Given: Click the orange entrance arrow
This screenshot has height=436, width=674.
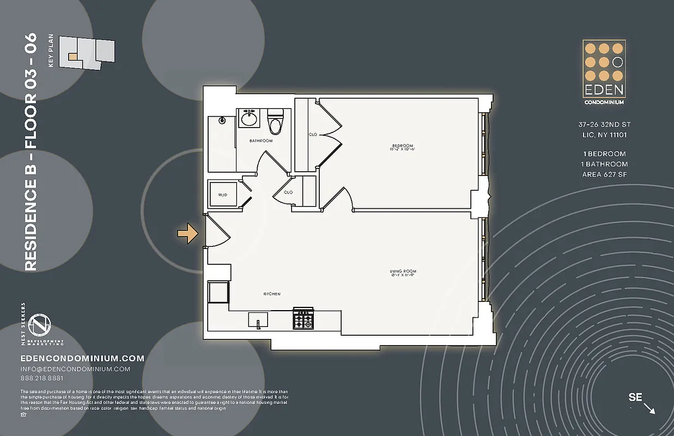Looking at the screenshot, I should click(187, 233).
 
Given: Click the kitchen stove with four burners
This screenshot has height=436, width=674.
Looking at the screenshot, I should click(303, 318).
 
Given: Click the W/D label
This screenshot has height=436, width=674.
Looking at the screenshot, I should click(222, 195).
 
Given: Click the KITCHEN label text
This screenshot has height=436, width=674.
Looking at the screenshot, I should click(272, 294).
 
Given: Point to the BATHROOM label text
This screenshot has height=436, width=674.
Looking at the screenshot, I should click(261, 141).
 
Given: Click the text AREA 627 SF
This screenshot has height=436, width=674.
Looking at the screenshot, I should click(604, 174).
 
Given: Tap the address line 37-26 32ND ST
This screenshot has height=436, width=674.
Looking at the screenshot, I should click(604, 125).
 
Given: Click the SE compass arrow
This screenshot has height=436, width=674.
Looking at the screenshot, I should click(648, 408).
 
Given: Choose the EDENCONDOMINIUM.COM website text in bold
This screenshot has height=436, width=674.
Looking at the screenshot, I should click(82, 359).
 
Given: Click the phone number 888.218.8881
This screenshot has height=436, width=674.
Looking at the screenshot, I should click(41, 378).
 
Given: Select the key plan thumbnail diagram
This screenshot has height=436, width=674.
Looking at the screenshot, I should click(87, 52).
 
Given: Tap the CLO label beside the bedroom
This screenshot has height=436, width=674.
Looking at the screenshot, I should click(313, 134).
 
